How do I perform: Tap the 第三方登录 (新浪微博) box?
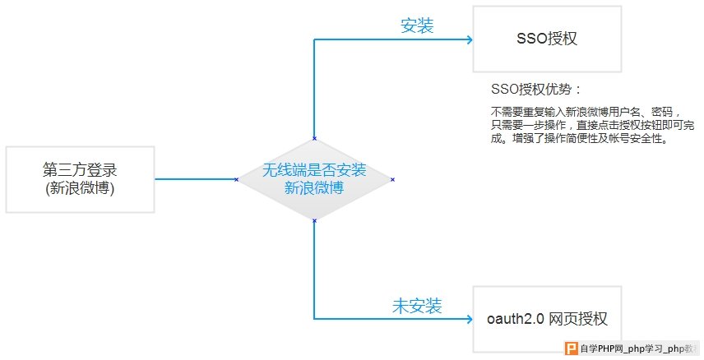(80, 179)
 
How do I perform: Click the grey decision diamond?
(314, 179)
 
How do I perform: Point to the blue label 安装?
(417, 25)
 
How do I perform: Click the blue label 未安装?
(417, 307)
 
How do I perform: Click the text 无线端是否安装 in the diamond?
(314, 170)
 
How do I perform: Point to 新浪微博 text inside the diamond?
(314, 188)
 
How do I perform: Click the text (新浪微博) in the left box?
(80, 189)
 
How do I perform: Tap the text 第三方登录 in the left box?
(80, 170)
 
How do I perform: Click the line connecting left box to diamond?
(195, 179)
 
